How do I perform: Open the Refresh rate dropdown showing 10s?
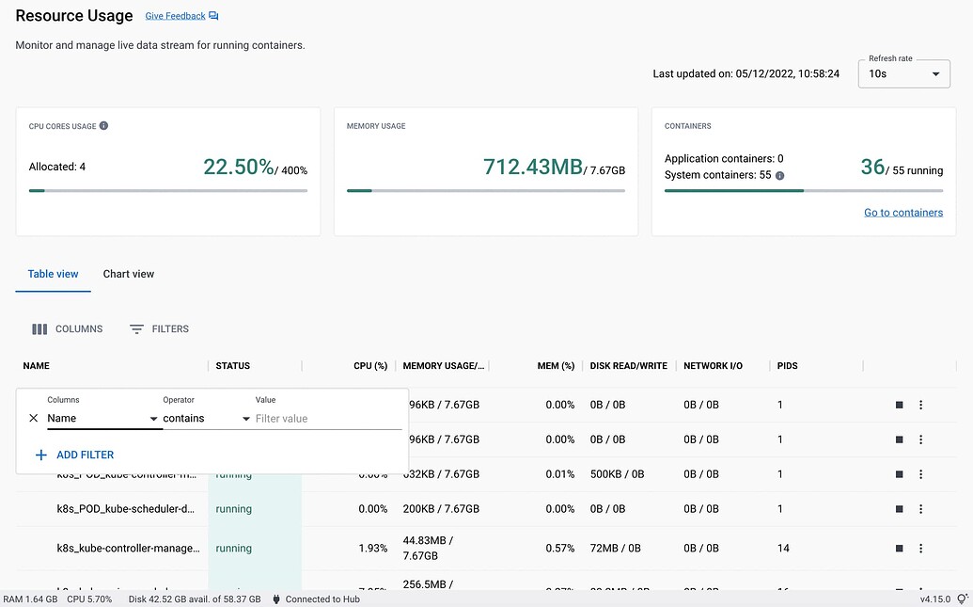[903, 73]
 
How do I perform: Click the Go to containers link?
[902, 213]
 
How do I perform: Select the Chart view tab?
[129, 274]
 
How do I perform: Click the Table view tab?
[53, 274]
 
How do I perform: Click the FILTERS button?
[159, 329]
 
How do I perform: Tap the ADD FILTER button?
[74, 455]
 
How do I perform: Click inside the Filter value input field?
[327, 419]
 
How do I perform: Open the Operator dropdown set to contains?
[206, 419]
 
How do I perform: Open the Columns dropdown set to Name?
[102, 419]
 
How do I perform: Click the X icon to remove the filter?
[34, 419]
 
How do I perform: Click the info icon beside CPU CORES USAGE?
[103, 125]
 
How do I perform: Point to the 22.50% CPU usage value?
[239, 168]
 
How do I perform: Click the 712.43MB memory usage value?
[532, 168]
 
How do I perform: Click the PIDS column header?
[788, 366]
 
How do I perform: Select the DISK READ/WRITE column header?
[628, 366]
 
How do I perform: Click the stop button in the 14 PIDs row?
[900, 548]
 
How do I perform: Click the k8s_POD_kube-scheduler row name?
[126, 509]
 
